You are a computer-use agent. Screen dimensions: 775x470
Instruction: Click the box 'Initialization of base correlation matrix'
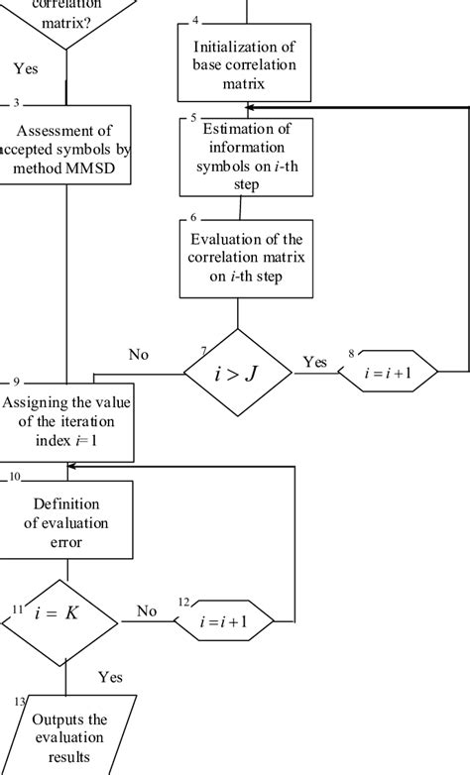243,63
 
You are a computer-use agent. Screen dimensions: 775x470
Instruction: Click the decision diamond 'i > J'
238,373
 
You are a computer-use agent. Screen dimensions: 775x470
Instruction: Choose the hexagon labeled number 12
225,622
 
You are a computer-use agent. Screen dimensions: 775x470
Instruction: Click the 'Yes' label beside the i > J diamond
314,362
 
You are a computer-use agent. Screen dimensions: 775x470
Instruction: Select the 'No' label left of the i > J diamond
140,355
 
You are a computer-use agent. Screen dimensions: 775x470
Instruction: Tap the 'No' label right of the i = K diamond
147,611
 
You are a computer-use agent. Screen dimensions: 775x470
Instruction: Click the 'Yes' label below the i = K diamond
110,677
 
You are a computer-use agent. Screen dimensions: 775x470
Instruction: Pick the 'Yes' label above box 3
26,68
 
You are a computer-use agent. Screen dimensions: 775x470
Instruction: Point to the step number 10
15,477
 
